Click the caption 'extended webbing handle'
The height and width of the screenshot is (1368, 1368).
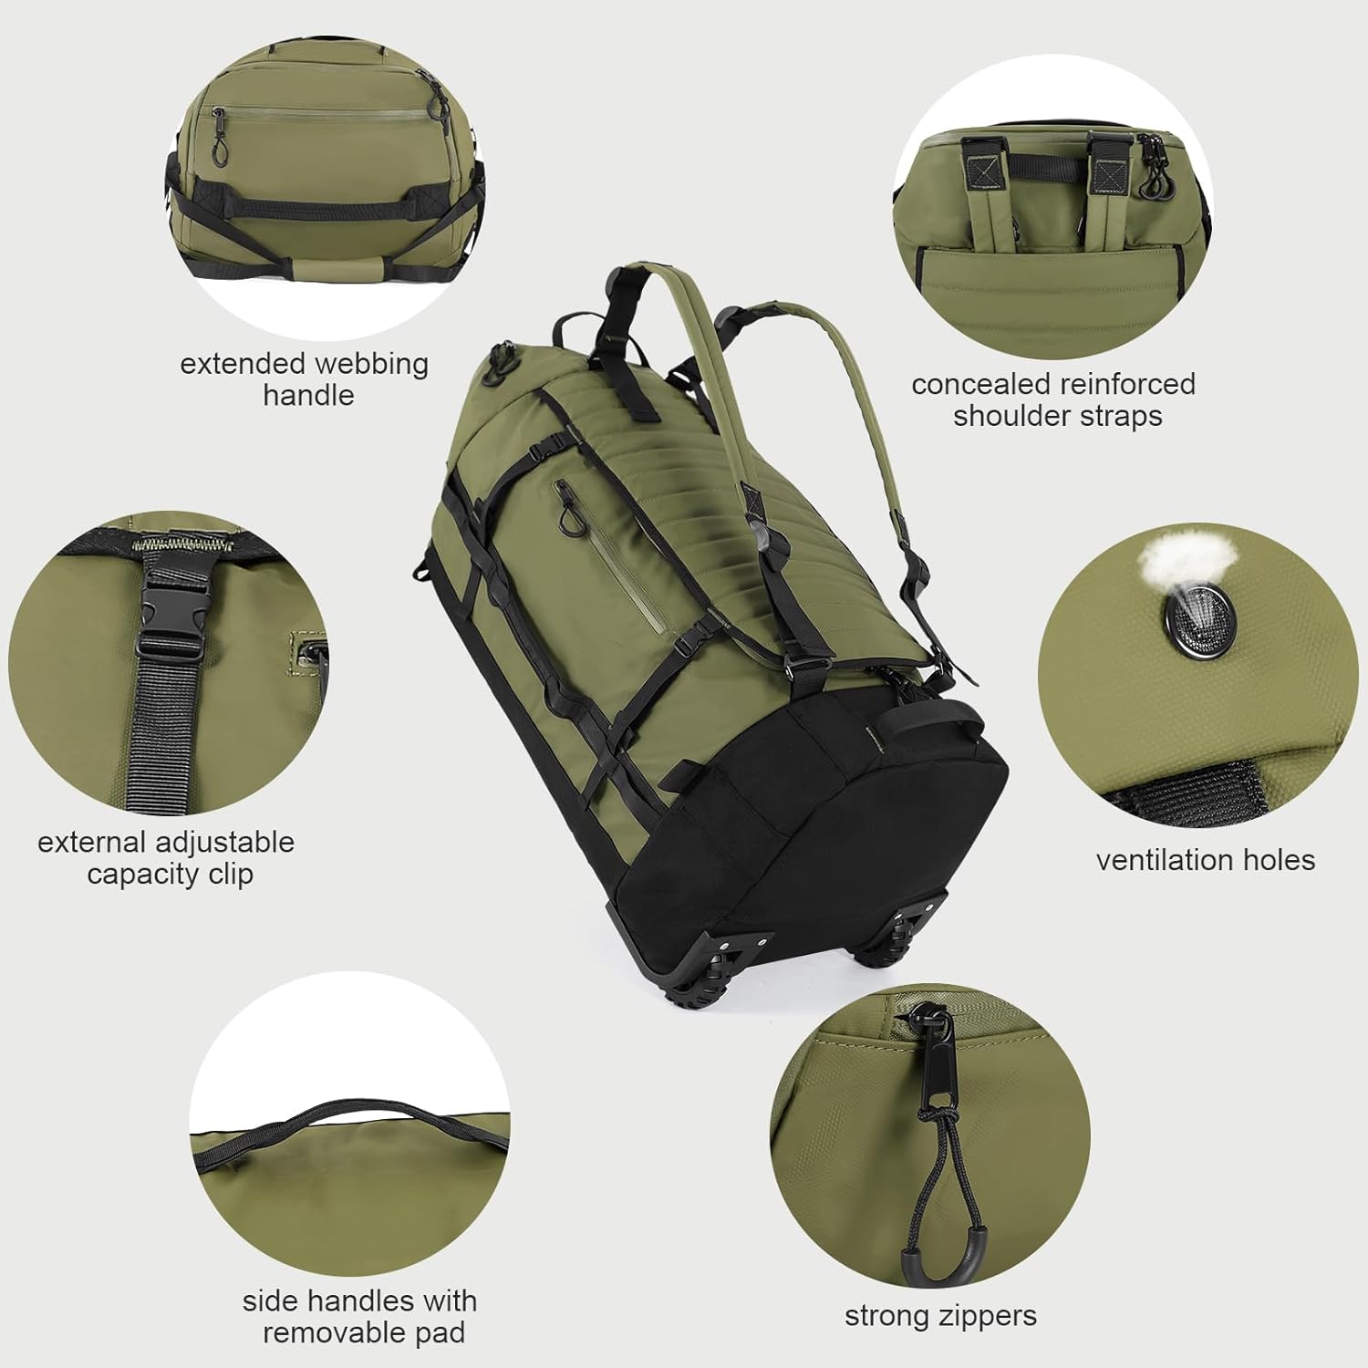(x=305, y=378)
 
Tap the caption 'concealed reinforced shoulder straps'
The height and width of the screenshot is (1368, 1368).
(x=1054, y=399)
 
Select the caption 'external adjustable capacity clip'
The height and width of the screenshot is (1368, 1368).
(x=166, y=857)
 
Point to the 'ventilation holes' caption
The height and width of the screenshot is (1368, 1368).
(x=1205, y=860)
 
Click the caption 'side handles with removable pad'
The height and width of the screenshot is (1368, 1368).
(x=359, y=1316)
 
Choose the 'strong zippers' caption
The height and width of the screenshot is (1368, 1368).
(x=940, y=1316)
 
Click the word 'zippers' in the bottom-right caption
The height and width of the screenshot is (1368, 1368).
(x=990, y=1316)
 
